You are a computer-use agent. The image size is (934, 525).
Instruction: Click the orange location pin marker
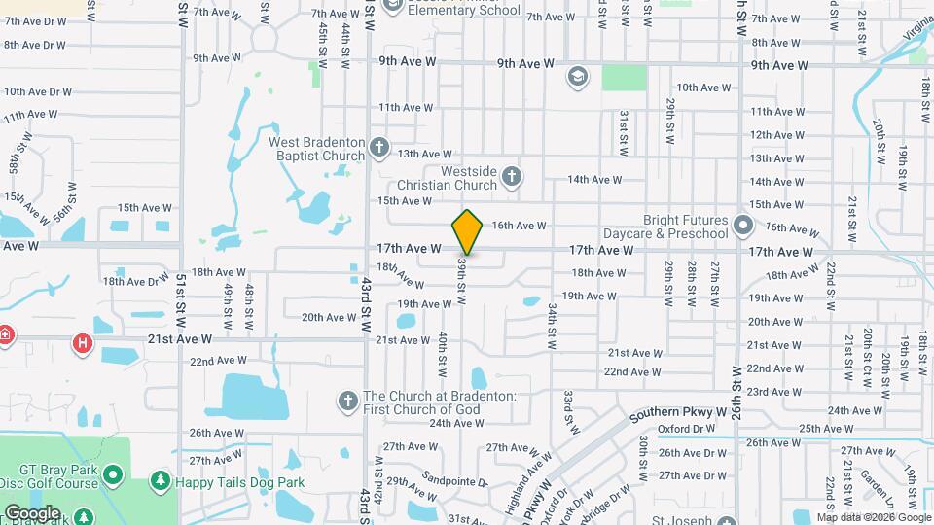(x=467, y=231)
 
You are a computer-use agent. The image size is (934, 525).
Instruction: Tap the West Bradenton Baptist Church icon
(x=378, y=148)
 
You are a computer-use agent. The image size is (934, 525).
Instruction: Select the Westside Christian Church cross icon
(x=513, y=176)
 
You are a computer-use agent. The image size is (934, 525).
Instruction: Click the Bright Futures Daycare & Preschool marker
(x=744, y=227)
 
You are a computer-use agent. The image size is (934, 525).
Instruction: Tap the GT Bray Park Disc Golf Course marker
(x=113, y=475)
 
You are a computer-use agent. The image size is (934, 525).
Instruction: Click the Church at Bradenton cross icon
(x=347, y=401)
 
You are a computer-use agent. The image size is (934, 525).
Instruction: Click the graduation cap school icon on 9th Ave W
(x=577, y=76)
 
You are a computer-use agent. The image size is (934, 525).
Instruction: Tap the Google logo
(x=32, y=513)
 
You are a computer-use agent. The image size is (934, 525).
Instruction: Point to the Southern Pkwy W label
(x=678, y=414)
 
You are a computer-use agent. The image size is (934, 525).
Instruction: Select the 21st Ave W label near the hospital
(x=179, y=339)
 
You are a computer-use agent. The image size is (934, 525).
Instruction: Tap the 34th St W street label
(x=551, y=326)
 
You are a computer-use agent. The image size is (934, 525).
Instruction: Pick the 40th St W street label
(x=442, y=353)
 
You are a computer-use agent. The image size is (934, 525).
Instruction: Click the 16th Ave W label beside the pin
(x=519, y=226)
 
